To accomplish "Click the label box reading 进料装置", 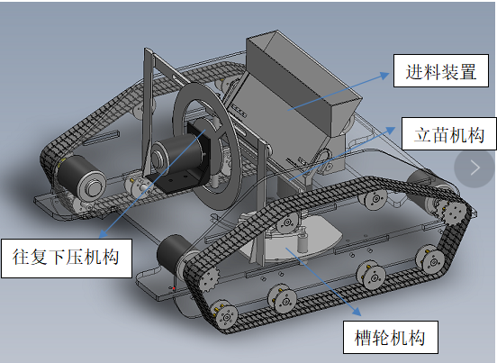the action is coord(441,70).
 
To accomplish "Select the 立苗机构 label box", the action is coord(449,134).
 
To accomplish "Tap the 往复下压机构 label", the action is coord(67,259).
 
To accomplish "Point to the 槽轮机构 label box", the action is coord(391,337).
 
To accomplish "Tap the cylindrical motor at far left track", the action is coord(82,177).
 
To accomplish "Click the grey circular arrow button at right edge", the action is coord(474,168).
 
